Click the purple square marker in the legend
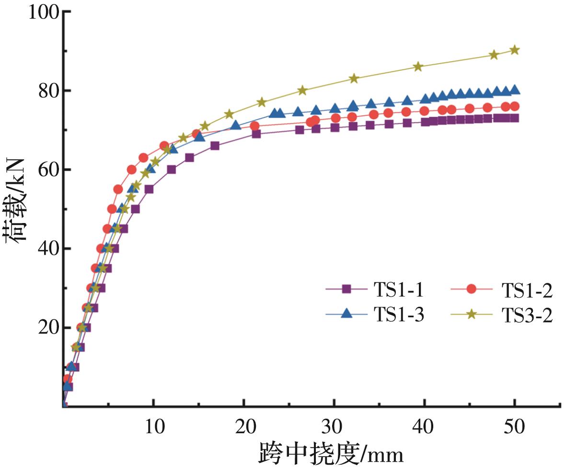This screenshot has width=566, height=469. [347, 289]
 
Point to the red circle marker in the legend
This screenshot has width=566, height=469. [472, 289]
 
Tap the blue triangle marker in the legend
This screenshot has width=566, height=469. [347, 314]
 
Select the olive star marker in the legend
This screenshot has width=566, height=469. [472, 314]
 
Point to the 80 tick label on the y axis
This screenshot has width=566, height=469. [48, 91]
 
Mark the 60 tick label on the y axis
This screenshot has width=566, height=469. [48, 170]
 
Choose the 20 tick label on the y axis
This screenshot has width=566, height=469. [48, 328]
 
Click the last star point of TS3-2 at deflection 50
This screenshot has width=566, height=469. [515, 50]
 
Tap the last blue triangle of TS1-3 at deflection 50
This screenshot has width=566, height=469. [515, 90]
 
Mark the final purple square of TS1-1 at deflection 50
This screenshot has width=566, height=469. [515, 118]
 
